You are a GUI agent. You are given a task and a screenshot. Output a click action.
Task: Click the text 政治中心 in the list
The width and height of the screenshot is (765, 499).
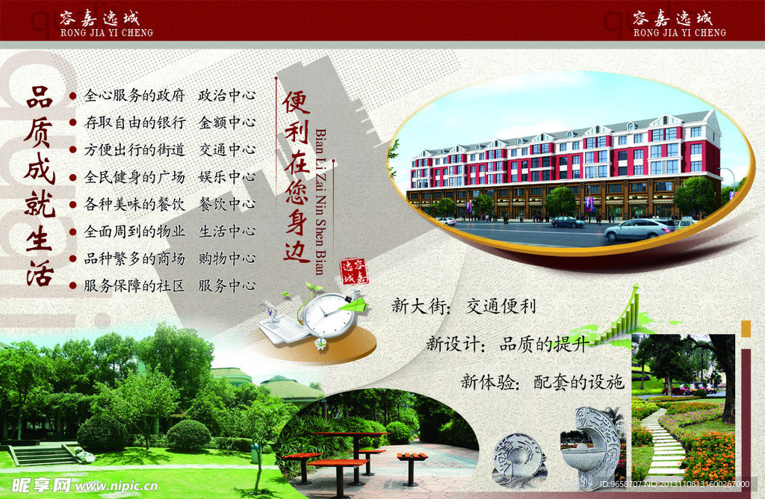pos(226,96)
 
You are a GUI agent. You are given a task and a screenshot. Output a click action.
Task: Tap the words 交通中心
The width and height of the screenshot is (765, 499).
pos(226,149)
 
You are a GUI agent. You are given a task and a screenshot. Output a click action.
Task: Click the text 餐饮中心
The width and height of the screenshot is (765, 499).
pos(226,204)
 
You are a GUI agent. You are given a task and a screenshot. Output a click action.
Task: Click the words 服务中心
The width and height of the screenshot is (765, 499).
pos(226,285)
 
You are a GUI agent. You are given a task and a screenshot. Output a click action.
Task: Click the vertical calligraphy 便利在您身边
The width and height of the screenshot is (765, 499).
pos(296,176)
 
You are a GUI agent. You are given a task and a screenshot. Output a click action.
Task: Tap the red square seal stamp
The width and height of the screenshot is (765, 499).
pos(354,272)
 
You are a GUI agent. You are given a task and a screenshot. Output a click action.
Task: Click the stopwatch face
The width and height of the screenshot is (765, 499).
pos(328,316)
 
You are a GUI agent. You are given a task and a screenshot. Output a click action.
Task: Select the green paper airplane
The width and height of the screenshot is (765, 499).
pos(358,304)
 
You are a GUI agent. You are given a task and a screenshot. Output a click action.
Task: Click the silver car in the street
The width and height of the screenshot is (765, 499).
pos(639,230)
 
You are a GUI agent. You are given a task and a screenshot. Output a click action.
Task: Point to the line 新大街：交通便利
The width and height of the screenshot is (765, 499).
pos(463,306)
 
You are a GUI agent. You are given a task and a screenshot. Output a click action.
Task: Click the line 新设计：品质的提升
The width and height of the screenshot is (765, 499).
pos(507,344)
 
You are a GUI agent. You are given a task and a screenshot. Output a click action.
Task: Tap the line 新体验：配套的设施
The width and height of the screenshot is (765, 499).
pos(542,382)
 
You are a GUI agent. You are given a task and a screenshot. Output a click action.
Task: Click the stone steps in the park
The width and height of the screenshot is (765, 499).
pos(45,453)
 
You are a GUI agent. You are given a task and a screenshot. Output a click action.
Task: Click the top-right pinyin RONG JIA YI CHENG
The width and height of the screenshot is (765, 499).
pos(679,33)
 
